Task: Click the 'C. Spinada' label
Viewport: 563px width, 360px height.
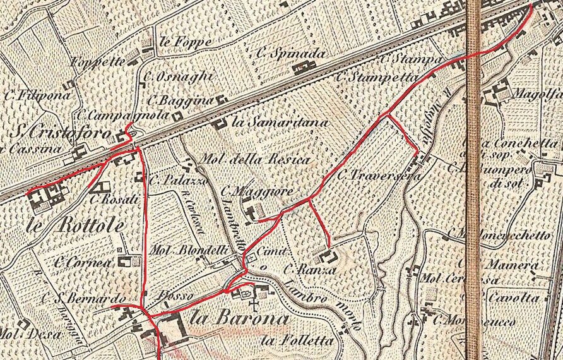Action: pyautogui.click(x=291, y=54)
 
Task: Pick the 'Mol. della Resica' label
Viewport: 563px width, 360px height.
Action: pyautogui.click(x=255, y=159)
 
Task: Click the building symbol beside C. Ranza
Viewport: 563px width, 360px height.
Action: pyautogui.click(x=328, y=256)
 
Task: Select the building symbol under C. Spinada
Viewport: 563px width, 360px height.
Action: pyautogui.click(x=306, y=66)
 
